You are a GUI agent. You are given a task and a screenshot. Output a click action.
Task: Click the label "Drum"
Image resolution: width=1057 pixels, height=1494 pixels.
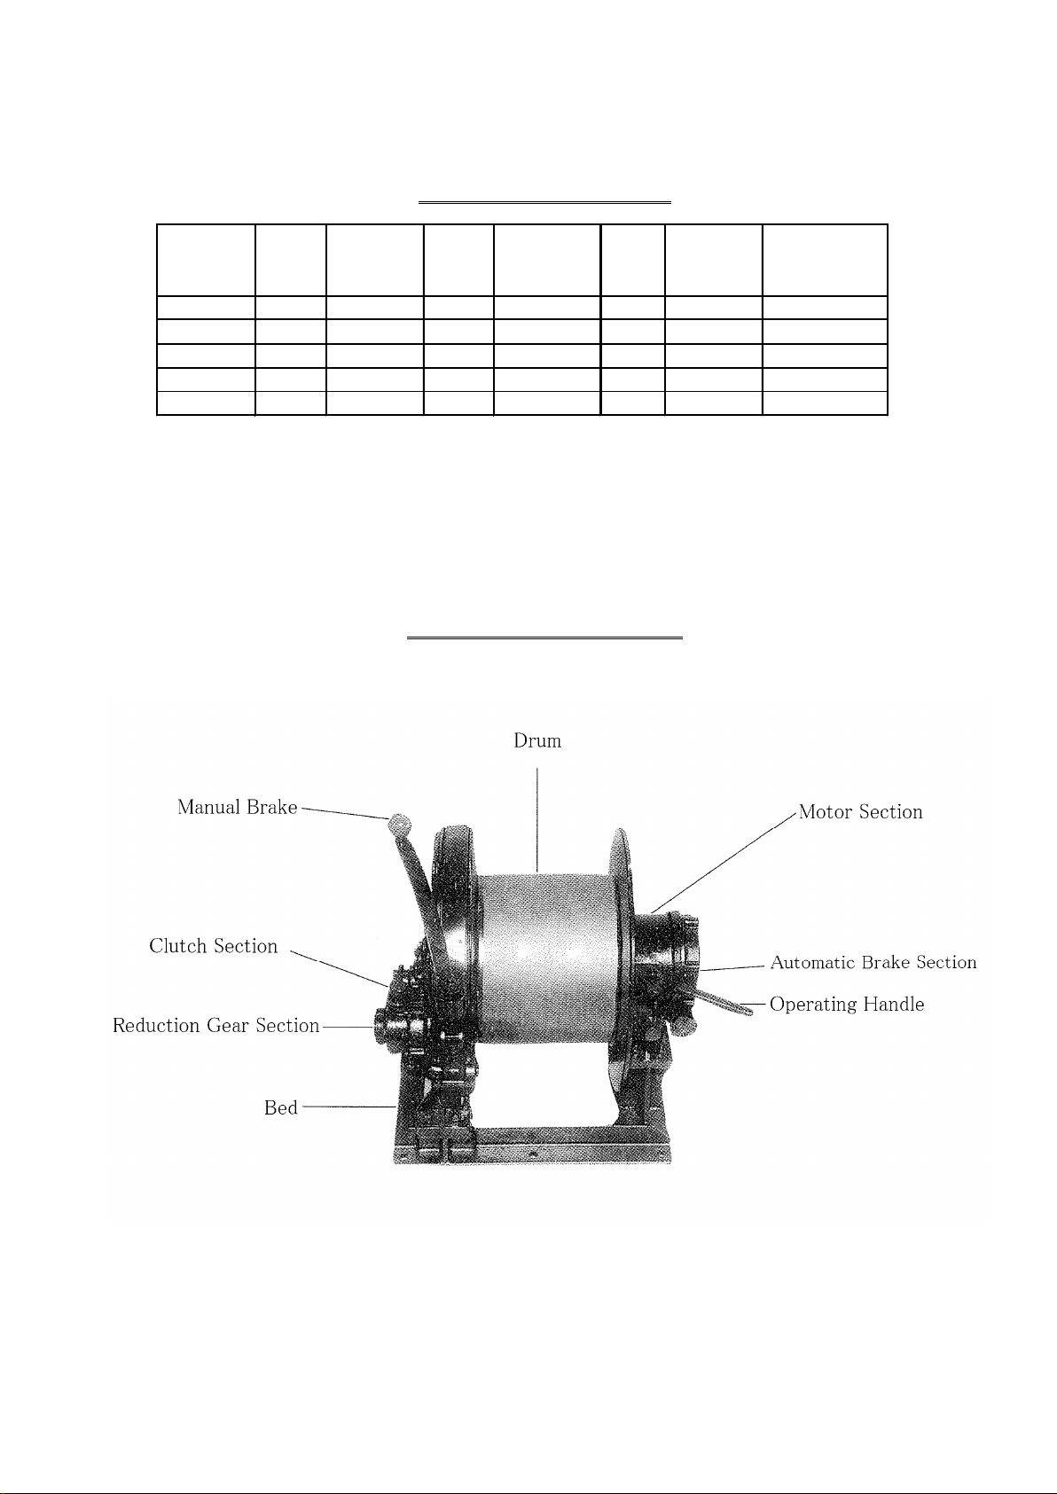536,741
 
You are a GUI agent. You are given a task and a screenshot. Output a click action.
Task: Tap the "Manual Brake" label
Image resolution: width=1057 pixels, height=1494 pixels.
237,807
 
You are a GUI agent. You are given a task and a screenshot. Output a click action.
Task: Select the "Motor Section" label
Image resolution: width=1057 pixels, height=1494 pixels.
860,811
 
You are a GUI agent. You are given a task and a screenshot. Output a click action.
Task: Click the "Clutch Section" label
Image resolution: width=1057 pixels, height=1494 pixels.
213,946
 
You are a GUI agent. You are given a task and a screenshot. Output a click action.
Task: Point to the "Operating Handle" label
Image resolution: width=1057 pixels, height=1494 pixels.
846,1005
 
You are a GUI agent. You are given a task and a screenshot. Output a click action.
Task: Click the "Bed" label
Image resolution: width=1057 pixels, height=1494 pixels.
281,1107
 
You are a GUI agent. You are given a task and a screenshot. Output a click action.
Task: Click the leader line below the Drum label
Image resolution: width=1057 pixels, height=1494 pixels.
537,819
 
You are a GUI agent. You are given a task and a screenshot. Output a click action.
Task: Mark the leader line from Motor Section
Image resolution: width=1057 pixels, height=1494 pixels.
724,862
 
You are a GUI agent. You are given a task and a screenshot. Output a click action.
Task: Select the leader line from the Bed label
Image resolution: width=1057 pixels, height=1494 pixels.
349,1107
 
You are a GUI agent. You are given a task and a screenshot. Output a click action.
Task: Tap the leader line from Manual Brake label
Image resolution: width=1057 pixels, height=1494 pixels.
346,813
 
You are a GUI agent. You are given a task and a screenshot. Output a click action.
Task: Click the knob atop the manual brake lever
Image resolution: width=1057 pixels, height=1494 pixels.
399,824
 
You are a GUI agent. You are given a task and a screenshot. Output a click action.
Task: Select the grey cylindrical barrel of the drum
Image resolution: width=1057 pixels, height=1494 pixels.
548,958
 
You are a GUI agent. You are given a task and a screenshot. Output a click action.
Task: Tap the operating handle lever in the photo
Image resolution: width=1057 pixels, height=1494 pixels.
724,1003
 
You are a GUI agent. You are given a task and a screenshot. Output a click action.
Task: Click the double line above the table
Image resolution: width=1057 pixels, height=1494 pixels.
544,201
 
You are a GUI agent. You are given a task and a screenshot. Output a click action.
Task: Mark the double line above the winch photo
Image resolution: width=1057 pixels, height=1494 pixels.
544,637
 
